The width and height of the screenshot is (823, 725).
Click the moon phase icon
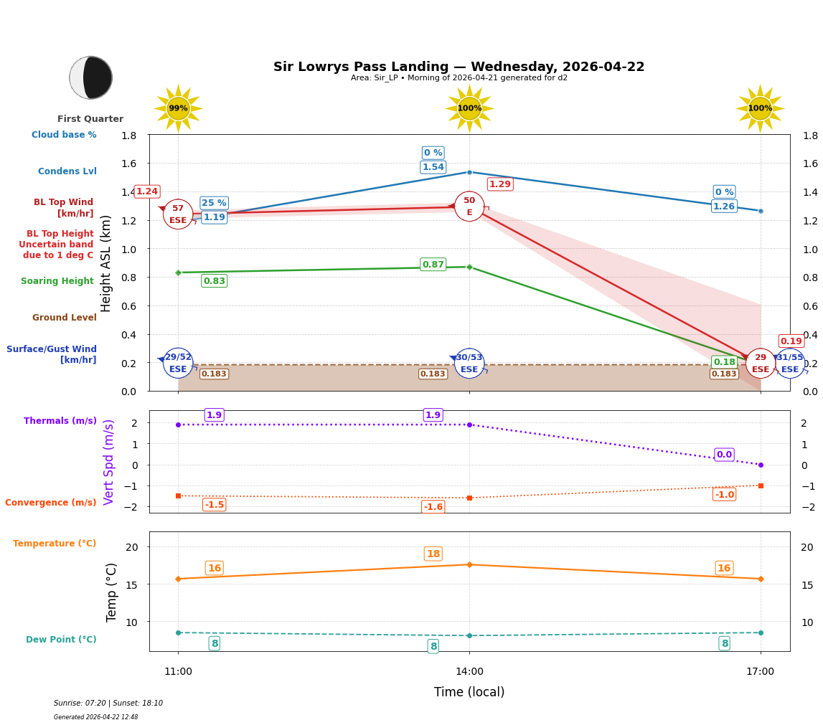pyautogui.click(x=91, y=77)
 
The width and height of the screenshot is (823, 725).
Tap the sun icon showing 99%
pyautogui.click(x=178, y=108)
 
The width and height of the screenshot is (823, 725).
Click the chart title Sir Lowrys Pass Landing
pyautogui.click(x=458, y=67)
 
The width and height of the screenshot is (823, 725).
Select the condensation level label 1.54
pyautogui.click(x=433, y=167)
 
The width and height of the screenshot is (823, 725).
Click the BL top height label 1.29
pyautogui.click(x=499, y=184)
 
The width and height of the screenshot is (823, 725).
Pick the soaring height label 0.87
pyautogui.click(x=433, y=265)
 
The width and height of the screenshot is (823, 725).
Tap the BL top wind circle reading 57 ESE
pyautogui.click(x=178, y=214)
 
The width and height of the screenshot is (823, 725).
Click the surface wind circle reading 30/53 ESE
pyautogui.click(x=469, y=363)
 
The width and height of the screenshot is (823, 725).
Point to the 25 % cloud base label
pyautogui.click(x=214, y=203)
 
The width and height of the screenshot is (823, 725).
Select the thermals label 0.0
pyautogui.click(x=724, y=455)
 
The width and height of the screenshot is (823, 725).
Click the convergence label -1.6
pyautogui.click(x=433, y=507)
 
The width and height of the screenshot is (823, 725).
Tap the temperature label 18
pyautogui.click(x=433, y=554)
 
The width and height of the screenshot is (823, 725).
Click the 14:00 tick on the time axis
pyautogui.click(x=469, y=671)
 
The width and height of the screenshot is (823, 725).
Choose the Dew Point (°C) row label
pyautogui.click(x=61, y=640)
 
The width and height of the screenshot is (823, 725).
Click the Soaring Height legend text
pyautogui.click(x=57, y=281)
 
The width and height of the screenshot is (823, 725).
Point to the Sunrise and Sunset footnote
pyautogui.click(x=108, y=703)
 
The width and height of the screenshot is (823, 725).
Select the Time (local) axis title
pyautogui.click(x=469, y=692)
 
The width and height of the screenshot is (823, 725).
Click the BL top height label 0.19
pyautogui.click(x=791, y=341)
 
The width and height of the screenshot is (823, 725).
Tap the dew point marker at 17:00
pyautogui.click(x=761, y=632)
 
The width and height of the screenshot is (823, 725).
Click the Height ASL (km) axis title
pyautogui.click(x=106, y=263)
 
